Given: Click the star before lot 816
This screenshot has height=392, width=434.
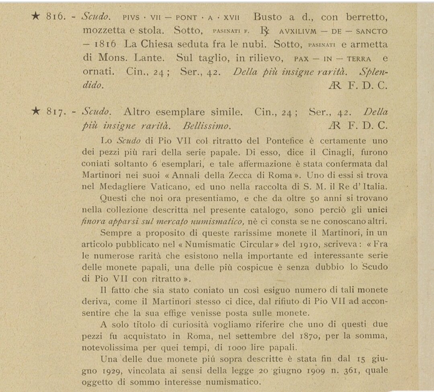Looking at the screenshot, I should click(x=36, y=16).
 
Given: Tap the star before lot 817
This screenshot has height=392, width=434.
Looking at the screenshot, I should click(x=36, y=112).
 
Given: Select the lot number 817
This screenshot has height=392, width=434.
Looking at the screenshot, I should click(x=55, y=112).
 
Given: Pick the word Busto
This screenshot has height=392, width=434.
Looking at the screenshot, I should click(x=268, y=17).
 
